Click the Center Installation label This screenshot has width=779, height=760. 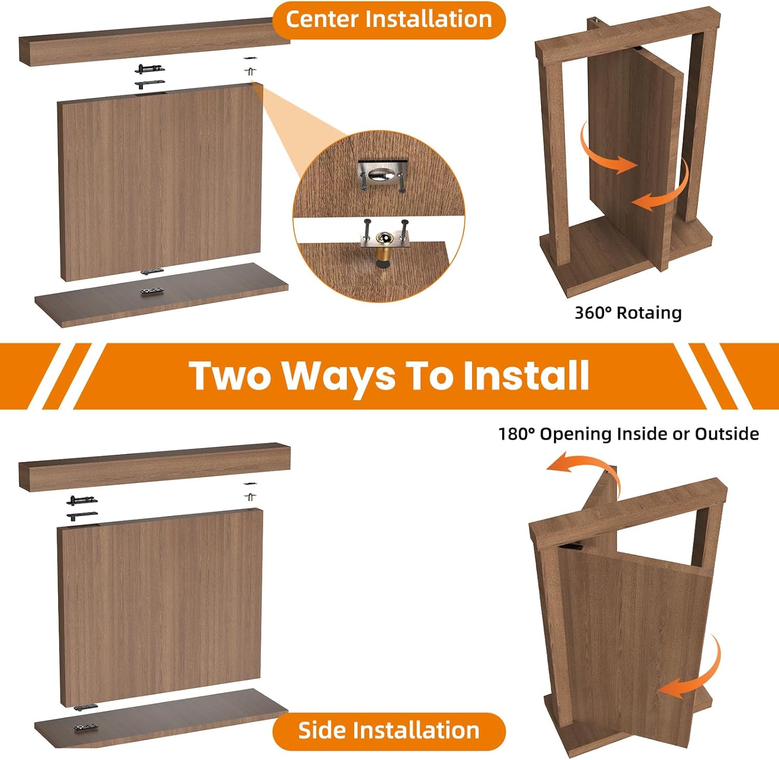pos(388,20)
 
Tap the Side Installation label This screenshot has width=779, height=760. pos(388,730)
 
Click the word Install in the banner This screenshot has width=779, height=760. pos(526,376)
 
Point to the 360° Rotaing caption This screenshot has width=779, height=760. pos(628,313)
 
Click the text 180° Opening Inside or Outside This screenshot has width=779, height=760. pos(628,434)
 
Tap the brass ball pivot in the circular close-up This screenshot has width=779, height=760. pos(385,240)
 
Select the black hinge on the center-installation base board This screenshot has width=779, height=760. pos(152,291)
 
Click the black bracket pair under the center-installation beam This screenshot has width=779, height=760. pos(150,76)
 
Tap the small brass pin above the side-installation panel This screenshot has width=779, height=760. pos(250,496)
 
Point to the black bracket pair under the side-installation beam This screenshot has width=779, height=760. pos(82,508)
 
